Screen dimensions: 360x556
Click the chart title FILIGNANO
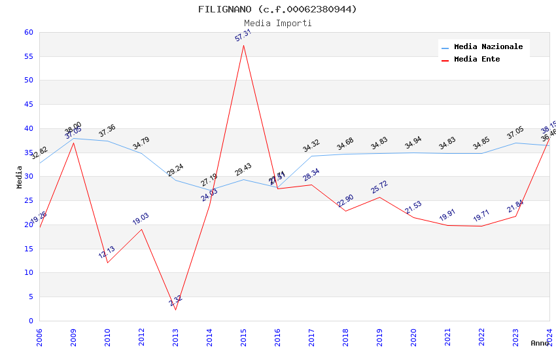pos(277,9)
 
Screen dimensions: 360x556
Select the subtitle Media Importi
pos(277,23)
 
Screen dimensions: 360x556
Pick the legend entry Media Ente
pos(477,60)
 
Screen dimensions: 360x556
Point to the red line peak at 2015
pos(243,45)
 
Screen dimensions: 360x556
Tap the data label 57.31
pos(243,35)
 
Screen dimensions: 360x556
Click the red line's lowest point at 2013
pos(175,310)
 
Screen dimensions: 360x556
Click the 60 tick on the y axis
pos(28,32)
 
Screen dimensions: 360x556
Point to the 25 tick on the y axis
pos(28,200)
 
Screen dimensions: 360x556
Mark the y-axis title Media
pos(20,177)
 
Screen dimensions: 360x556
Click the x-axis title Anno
pos(540,343)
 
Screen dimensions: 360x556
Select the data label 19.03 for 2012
pos(141,219)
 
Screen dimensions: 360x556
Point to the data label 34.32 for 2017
pos(311,146)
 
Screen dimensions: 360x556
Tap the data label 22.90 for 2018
pos(345,201)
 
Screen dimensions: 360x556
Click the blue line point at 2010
pos(107,141)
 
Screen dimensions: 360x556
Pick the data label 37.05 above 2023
pos(515,133)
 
